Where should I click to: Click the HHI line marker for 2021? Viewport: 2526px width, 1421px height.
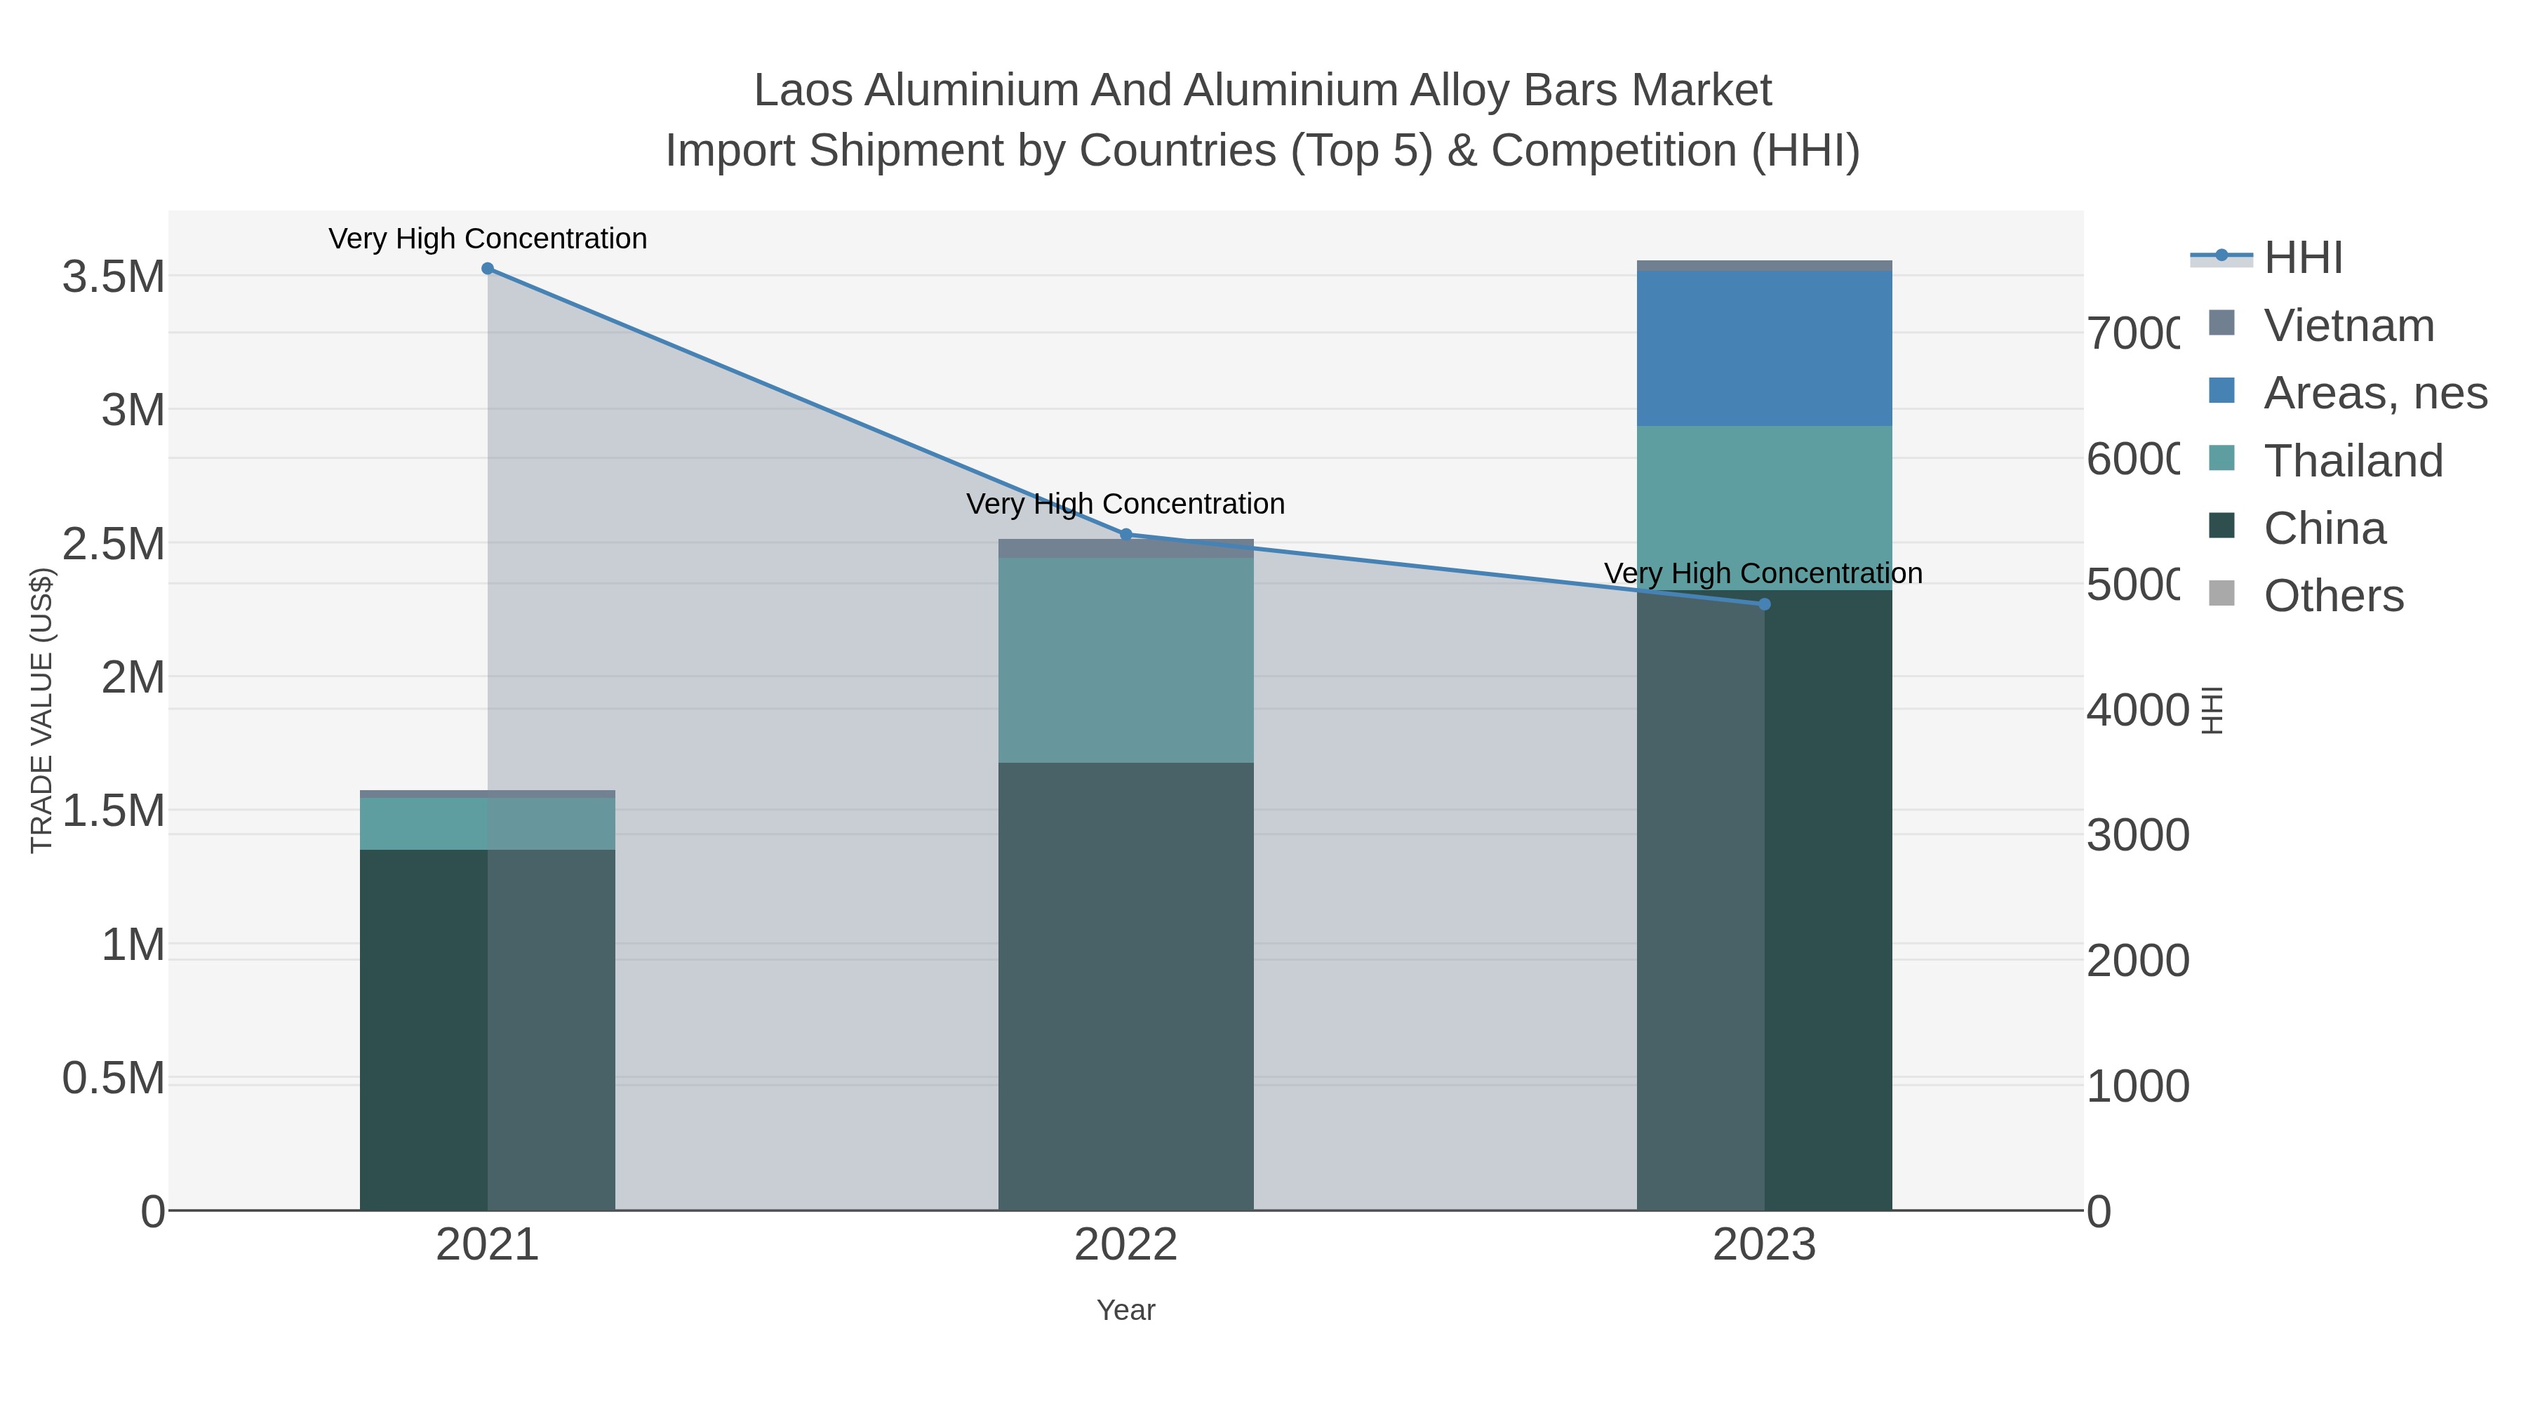point(488,269)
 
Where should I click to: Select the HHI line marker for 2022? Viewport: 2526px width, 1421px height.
point(1125,535)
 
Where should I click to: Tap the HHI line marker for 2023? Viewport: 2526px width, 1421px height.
point(1764,604)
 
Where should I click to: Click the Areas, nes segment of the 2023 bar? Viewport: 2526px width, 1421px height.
point(1764,348)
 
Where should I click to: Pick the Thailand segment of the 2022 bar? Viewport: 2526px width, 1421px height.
point(1125,660)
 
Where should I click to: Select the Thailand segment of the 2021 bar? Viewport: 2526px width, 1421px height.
point(488,823)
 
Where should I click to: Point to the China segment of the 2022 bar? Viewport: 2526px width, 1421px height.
point(1125,986)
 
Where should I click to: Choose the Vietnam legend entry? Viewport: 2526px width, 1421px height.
point(2348,326)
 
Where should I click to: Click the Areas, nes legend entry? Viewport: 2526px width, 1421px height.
point(2374,393)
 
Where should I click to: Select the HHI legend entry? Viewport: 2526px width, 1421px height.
point(2302,258)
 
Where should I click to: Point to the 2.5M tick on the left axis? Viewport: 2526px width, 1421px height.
point(114,543)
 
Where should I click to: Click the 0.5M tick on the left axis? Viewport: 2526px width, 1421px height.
point(114,1079)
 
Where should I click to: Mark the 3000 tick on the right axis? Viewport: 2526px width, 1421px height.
point(2138,836)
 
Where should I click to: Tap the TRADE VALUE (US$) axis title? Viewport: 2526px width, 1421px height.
point(42,711)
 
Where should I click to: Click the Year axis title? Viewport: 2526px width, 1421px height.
point(1125,1310)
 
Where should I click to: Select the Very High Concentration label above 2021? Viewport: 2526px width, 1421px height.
point(488,239)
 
